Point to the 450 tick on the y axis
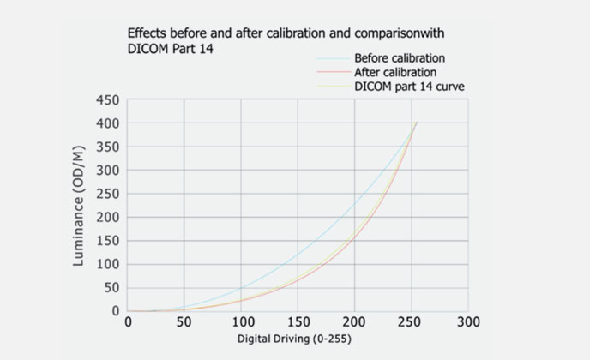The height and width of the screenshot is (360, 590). coord(107,100)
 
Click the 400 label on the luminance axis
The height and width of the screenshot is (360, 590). coord(107,123)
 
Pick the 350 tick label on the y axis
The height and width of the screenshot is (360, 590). coord(107,147)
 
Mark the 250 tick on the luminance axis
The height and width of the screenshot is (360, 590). coord(107,194)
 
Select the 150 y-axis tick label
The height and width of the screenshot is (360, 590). coord(107,241)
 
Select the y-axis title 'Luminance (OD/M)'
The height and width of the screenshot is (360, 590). coord(80,206)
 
